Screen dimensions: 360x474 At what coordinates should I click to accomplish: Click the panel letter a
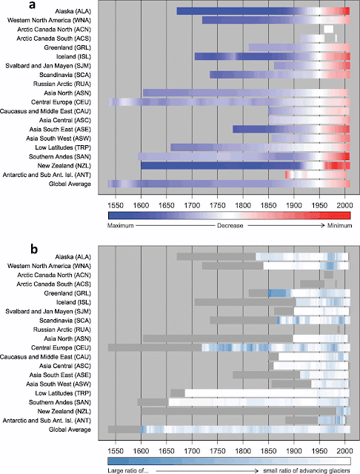pyautogui.click(x=33, y=5)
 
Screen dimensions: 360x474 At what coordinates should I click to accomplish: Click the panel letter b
pyautogui.click(x=34, y=249)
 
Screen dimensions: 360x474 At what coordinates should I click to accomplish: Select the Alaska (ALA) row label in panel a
pyautogui.click(x=73, y=12)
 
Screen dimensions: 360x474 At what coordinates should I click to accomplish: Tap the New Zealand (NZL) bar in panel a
pyautogui.click(x=245, y=166)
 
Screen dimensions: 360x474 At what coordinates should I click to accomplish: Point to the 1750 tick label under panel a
pyautogui.click(x=217, y=206)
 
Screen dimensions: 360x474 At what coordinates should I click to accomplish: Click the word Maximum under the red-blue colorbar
pyautogui.click(x=120, y=225)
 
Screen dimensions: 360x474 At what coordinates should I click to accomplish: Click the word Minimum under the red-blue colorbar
pyautogui.click(x=340, y=225)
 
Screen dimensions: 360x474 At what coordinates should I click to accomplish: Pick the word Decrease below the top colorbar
pyautogui.click(x=230, y=225)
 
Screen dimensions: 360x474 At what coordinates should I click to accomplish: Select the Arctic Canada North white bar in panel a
pyautogui.click(x=329, y=30)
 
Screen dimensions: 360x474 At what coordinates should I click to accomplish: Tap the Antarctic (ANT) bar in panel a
pyautogui.click(x=316, y=175)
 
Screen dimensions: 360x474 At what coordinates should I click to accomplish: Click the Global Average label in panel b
pyautogui.click(x=70, y=430)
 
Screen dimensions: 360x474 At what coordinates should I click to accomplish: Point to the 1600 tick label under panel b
pyautogui.click(x=141, y=451)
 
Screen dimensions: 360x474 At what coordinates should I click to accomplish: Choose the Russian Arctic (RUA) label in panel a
pyautogui.click(x=62, y=84)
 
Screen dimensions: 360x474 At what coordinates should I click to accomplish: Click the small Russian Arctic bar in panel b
pyautogui.click(x=339, y=330)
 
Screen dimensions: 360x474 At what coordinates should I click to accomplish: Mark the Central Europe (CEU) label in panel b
pyautogui.click(x=61, y=347)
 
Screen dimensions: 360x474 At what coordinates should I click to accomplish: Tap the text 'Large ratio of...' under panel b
pyautogui.click(x=128, y=471)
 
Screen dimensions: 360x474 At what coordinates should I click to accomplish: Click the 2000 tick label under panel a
pyautogui.click(x=345, y=206)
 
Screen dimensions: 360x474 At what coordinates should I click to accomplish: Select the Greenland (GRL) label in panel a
pyautogui.click(x=67, y=47)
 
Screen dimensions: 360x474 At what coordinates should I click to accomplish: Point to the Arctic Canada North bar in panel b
pyautogui.click(x=329, y=275)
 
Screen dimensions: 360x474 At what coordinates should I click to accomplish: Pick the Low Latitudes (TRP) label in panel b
pyautogui.click(x=63, y=393)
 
